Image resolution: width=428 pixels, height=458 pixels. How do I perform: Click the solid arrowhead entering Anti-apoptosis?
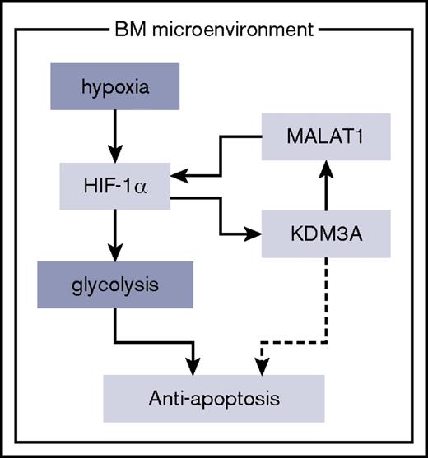[195, 362]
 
